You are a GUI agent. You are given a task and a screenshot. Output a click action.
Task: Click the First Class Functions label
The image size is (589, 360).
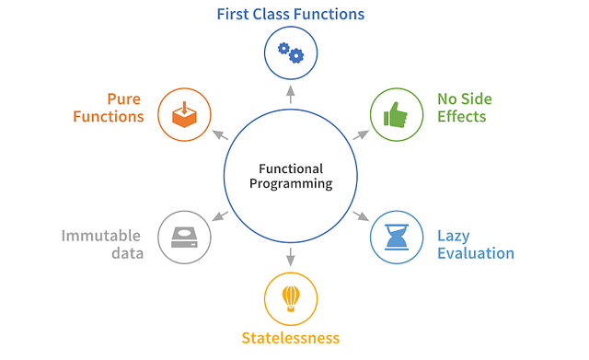click(x=290, y=15)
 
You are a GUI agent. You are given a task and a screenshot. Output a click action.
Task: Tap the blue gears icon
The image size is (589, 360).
click(x=290, y=53)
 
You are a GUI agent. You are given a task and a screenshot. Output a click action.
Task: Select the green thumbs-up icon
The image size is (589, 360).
click(x=396, y=114)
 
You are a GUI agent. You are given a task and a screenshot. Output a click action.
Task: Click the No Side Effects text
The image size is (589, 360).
click(x=462, y=108)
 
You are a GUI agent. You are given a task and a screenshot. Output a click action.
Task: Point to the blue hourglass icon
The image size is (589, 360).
click(x=396, y=238)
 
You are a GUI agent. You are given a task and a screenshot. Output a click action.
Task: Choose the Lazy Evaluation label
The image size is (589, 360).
click(x=475, y=244)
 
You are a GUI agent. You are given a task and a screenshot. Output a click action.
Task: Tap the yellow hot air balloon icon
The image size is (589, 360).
click(x=290, y=297)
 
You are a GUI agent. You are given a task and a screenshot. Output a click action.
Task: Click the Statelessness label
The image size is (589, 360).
click(x=290, y=338)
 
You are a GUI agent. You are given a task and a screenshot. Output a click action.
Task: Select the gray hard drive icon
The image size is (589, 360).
click(x=184, y=238)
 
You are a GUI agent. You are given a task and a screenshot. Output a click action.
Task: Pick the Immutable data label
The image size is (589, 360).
click(x=102, y=244)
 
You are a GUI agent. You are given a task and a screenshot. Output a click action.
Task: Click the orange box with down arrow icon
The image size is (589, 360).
click(x=184, y=114)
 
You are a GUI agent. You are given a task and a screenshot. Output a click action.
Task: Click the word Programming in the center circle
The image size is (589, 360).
click(x=291, y=183)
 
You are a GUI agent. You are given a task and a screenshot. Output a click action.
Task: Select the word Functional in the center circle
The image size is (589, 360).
click(x=291, y=168)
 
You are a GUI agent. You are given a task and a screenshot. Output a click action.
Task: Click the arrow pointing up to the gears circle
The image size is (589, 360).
click(x=291, y=92)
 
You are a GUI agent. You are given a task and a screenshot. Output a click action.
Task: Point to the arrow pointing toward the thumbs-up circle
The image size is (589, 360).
click(x=360, y=134)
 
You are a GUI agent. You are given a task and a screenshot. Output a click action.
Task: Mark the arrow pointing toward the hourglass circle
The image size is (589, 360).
click(x=360, y=216)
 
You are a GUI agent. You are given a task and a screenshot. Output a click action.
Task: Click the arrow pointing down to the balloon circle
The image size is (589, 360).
click(x=291, y=257)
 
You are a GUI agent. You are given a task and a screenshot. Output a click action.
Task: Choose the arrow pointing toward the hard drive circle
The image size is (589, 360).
click(x=221, y=216)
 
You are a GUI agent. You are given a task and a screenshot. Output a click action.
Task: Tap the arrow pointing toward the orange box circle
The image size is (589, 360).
click(x=221, y=134)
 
